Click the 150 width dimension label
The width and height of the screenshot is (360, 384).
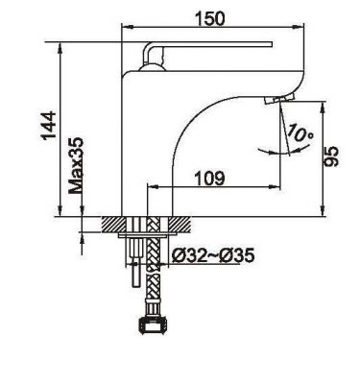(211, 18)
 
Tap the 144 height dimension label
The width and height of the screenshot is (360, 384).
(49, 126)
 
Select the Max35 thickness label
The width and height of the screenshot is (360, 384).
(76, 166)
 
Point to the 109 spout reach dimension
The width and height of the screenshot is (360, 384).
(210, 178)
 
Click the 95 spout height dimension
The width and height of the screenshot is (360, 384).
(331, 156)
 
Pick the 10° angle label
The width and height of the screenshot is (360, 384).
(300, 133)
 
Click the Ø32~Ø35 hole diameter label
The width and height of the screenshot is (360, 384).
(213, 255)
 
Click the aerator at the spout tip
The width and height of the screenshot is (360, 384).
(279, 99)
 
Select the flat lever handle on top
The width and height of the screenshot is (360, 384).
(208, 44)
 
